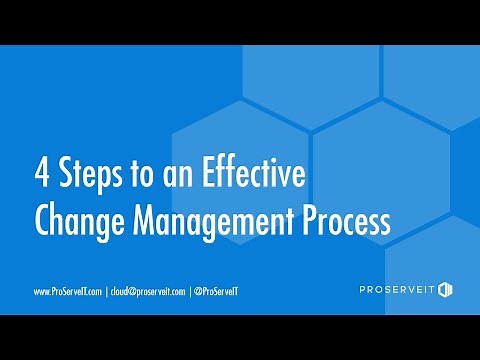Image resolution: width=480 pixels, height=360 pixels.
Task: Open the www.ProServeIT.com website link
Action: point(68,291)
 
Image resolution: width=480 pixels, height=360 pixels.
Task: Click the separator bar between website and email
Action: point(106,291)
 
